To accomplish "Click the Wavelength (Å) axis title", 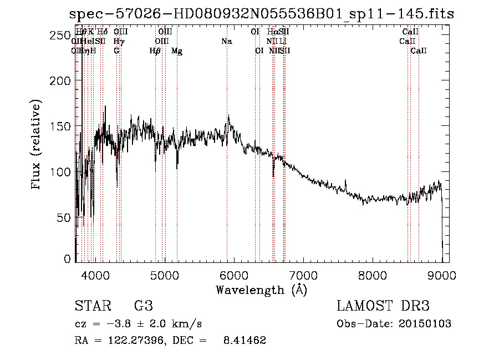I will (261, 290).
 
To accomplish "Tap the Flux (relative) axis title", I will (37, 145).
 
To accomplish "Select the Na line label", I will (226, 41).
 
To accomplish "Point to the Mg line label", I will (177, 51).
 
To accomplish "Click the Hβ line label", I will (155, 51).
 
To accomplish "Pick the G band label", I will (116, 51).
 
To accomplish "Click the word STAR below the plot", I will (90, 306).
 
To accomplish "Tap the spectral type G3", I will (143, 306).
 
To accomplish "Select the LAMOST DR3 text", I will (383, 306).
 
